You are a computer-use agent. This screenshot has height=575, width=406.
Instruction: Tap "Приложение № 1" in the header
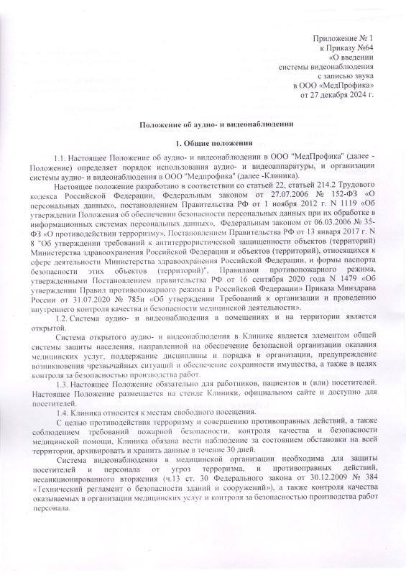pyautogui.click(x=341, y=37)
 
